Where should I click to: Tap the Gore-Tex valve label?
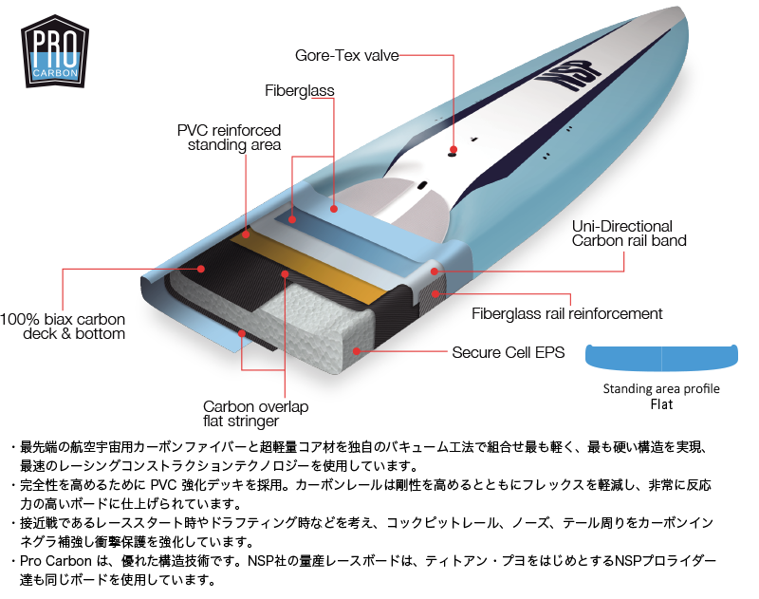[x=347, y=55]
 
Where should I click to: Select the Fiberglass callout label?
[x=300, y=91]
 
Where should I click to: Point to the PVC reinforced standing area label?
[x=229, y=137]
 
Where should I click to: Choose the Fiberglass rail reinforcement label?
[x=566, y=313]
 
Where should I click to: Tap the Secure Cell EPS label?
[x=508, y=352]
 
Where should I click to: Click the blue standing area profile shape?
[x=661, y=358]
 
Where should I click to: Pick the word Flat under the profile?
[x=661, y=404]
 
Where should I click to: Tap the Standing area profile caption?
[x=661, y=388]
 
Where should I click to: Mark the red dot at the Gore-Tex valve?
[x=454, y=150]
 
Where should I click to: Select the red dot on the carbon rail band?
[x=434, y=271]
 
